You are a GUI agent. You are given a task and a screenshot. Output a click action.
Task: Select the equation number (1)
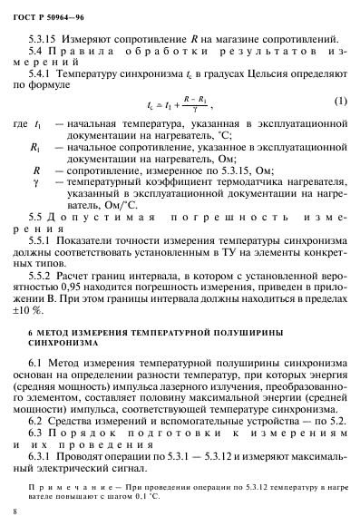coord(339,99)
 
